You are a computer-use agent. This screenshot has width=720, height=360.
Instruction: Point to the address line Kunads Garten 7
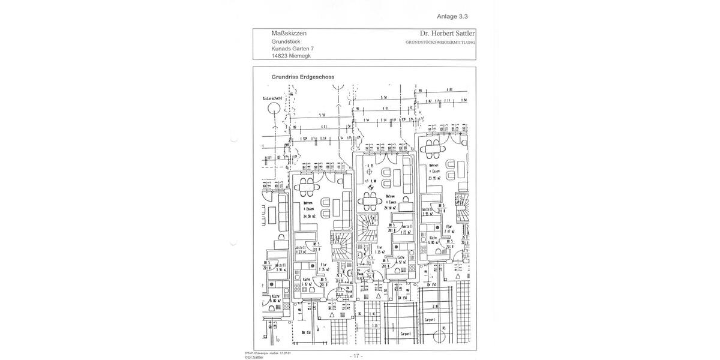[x=292, y=49]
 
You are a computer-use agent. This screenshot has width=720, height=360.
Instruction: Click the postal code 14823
[x=280, y=56]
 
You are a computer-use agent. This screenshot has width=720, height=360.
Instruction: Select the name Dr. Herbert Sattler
[x=447, y=34]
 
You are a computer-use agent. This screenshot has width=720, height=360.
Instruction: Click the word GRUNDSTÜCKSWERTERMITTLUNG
[x=440, y=43]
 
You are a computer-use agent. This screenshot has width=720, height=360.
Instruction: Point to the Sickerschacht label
[x=272, y=98]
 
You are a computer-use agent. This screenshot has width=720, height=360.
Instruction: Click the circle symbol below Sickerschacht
[x=274, y=109]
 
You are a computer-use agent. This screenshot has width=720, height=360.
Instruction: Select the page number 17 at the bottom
[x=356, y=356]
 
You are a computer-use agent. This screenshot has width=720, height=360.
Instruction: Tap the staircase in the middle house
[x=367, y=228]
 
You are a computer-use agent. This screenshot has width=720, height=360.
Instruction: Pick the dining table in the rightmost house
[x=431, y=147]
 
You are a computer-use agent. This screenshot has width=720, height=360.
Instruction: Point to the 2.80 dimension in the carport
[x=437, y=305]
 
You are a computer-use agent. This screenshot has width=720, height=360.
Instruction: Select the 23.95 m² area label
[x=434, y=178]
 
